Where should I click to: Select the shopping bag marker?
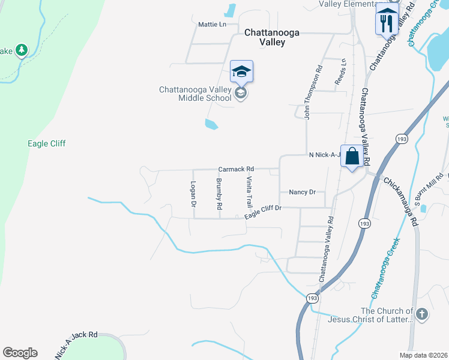352,157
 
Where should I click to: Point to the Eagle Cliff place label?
46,143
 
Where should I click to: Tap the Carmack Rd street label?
236,169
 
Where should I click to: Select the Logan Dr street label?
193,194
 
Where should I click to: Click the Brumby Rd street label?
219,194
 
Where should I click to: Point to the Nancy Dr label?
302,192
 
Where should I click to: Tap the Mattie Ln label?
212,25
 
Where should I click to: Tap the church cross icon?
422,314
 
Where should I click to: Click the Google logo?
20,353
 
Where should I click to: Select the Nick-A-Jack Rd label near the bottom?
76,345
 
